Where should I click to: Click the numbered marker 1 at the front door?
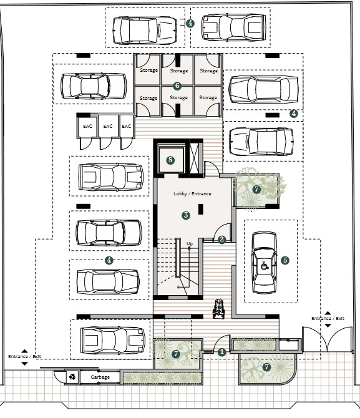pos(221,352)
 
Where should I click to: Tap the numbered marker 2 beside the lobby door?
pos(222,240)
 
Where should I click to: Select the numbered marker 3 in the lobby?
pos(186,215)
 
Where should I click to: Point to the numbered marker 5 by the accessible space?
pos(285,260)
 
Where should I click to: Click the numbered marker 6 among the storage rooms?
pos(177,86)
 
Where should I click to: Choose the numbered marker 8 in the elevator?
pos(170,160)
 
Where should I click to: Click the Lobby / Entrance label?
pos(192,194)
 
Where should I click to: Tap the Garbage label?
pos(100,377)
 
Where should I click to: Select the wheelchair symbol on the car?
pos(264,266)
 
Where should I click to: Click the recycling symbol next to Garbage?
pos(72,377)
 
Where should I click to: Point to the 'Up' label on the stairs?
pos(190,244)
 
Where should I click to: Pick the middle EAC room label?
pos(108,126)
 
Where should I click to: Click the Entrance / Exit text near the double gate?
pos(328,319)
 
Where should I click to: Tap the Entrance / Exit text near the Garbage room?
pos(24,356)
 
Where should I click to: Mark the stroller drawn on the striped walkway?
pos(219,309)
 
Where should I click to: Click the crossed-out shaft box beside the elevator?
pos(195,158)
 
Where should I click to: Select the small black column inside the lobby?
pos(201,209)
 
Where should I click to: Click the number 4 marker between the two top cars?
pos(190,24)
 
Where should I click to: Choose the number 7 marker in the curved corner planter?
pos(266,367)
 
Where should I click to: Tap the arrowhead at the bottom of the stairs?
pos(178,287)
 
